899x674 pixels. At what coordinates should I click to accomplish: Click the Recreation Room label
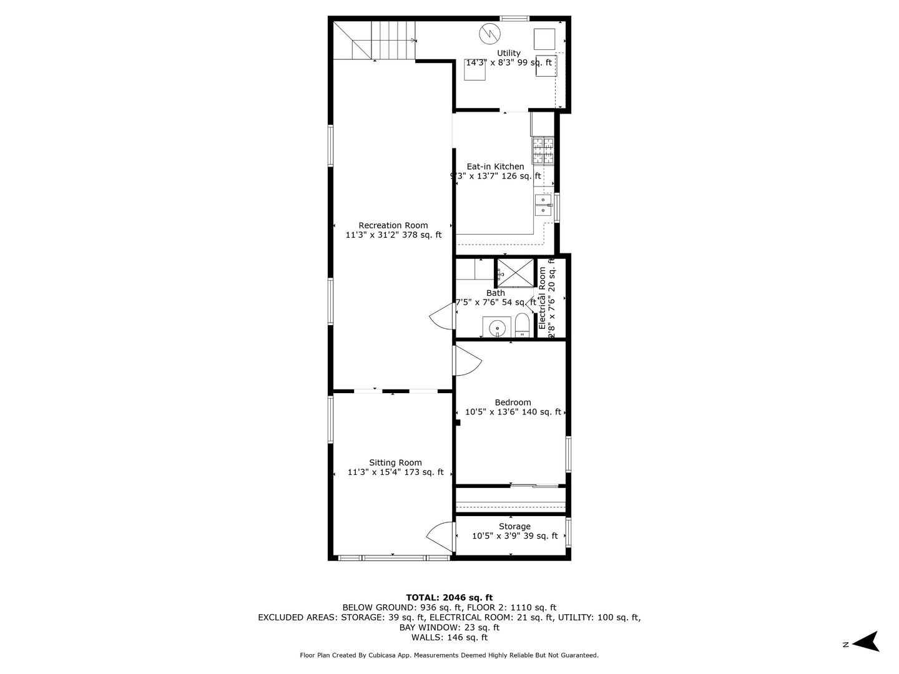[393, 225]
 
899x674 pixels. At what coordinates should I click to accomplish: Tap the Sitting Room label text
[395, 462]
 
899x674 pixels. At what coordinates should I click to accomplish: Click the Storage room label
[514, 526]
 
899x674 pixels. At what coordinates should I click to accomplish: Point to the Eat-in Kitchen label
[496, 167]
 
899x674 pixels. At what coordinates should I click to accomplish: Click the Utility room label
[509, 53]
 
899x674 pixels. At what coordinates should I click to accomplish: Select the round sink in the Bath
[497, 327]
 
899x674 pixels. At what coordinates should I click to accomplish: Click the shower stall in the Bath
[516, 272]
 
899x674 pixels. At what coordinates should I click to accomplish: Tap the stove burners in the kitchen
[543, 150]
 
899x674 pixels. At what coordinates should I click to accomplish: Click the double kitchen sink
[544, 205]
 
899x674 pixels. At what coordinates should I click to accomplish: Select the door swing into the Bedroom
[467, 361]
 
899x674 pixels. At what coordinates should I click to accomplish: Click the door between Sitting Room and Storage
[441, 535]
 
